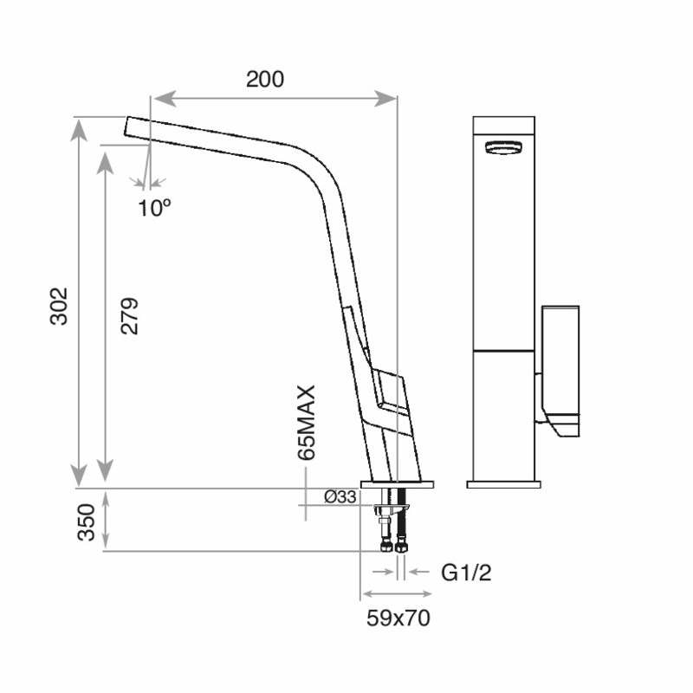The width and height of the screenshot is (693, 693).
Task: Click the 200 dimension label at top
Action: (264, 80)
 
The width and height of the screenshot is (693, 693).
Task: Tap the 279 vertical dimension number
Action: (129, 316)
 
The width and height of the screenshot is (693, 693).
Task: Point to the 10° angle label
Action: (154, 207)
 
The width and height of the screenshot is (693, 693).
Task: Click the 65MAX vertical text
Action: (306, 422)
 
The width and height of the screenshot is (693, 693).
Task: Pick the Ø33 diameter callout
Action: (340, 496)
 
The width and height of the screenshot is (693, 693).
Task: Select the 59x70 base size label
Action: (398, 619)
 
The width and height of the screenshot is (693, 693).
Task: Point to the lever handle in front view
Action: (560, 364)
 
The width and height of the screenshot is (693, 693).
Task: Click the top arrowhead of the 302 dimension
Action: (79, 126)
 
